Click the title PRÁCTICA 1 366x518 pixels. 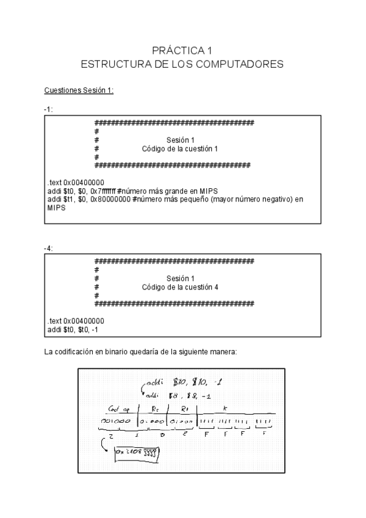tap(182, 51)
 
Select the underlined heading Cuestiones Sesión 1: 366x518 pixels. tap(79, 91)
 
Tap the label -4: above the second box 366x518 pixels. tap(48, 249)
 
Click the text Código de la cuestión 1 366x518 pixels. tap(180, 148)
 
